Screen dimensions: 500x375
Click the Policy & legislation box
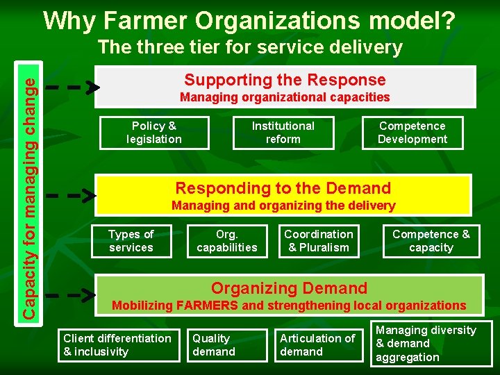pos(154,133)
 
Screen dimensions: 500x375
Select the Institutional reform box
pos(283,133)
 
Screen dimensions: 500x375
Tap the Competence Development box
pos(412,133)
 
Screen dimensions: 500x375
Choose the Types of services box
pos(131,241)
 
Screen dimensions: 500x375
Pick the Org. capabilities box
pos(227,241)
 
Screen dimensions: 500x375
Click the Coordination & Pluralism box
pos(319,241)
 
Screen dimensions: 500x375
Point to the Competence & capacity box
pos(431,241)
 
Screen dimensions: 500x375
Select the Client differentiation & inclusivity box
pos(117,345)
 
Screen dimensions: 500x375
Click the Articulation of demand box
pos(318,345)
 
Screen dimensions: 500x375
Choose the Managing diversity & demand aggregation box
pos(431,343)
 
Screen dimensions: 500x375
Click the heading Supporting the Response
pos(285,80)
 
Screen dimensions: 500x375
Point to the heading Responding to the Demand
pos(283,188)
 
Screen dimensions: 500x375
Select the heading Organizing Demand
pos(289,288)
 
